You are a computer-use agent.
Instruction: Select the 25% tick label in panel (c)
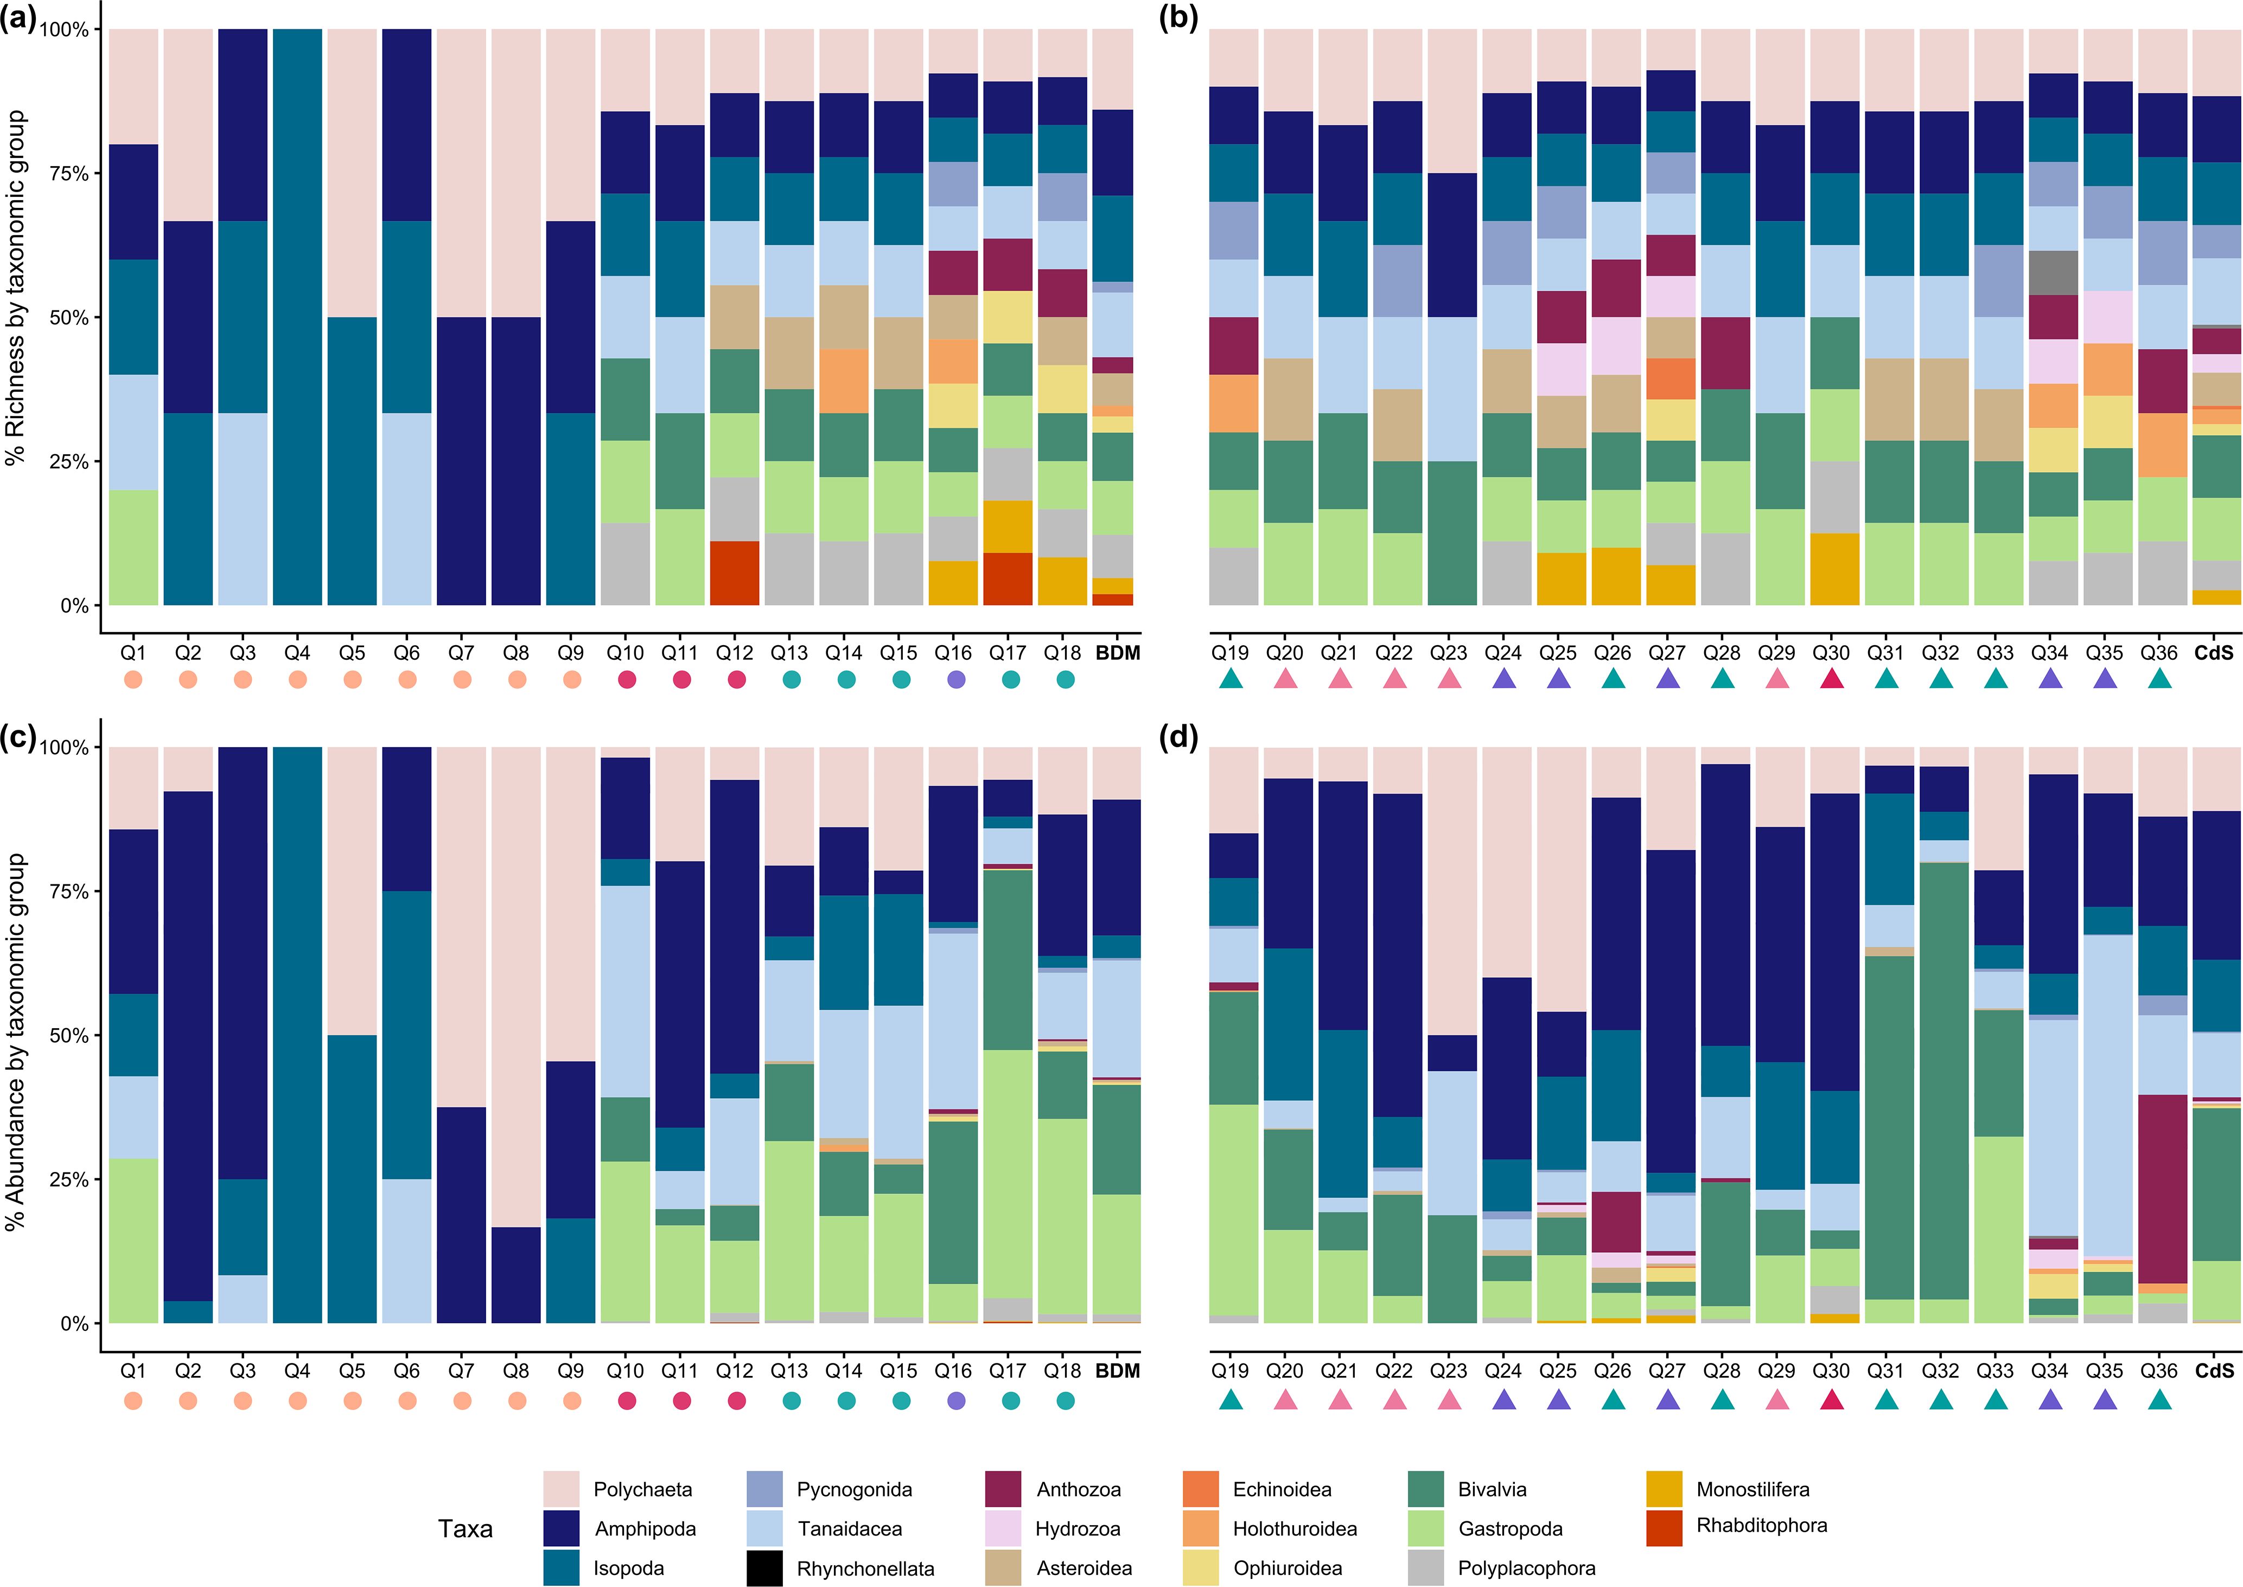68,1180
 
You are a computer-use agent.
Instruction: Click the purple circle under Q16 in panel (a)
956,679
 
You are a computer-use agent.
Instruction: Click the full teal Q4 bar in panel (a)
297,317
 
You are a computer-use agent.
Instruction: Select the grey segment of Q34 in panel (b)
2051,273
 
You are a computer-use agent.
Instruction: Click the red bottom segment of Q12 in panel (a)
735,572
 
